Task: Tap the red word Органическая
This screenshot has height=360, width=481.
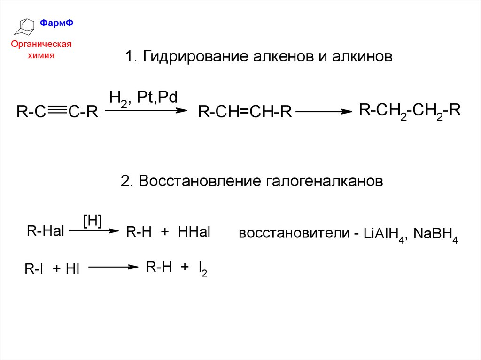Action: click(41, 45)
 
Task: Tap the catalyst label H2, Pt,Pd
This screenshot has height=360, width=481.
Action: click(143, 99)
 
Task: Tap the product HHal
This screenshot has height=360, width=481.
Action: click(194, 232)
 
